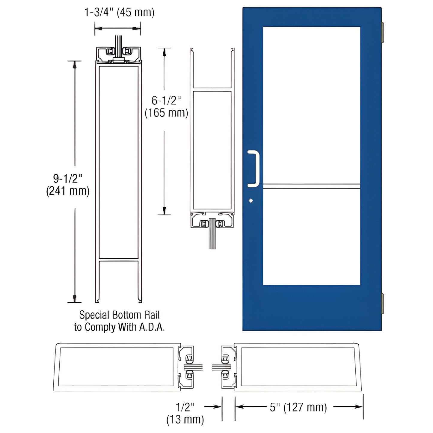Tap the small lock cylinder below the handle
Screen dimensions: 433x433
click(251, 201)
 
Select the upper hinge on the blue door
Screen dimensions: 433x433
click(382, 33)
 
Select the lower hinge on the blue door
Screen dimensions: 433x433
click(382, 304)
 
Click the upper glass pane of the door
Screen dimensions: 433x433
click(311, 105)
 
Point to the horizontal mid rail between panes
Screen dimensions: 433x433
click(311, 186)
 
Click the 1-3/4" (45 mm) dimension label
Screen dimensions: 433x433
click(119, 13)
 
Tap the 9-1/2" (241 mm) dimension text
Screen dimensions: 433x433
click(68, 185)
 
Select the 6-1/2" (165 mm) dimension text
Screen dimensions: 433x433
click(166, 107)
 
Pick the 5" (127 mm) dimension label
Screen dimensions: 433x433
click(298, 407)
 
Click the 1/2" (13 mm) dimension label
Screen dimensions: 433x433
click(185, 413)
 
